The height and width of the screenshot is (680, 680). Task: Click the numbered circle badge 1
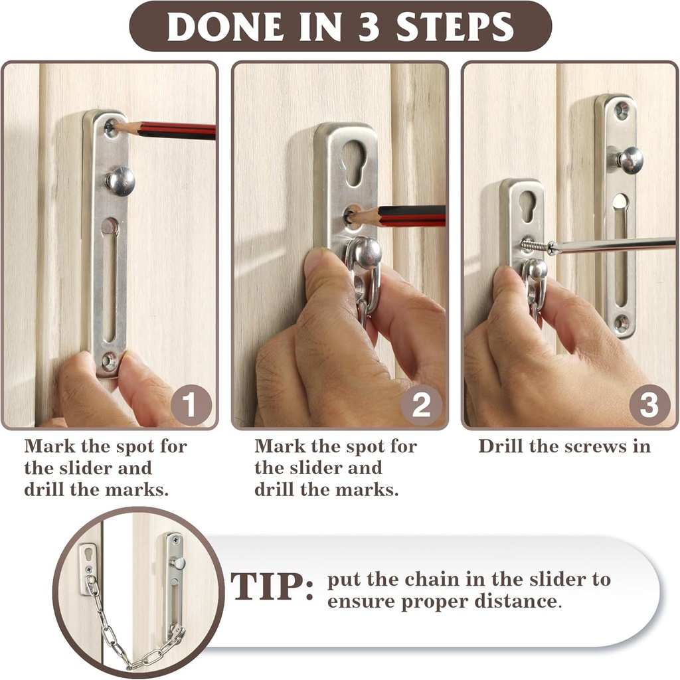click(191, 404)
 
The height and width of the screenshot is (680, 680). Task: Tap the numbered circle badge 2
click(421, 404)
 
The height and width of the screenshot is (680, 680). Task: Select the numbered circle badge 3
click(649, 404)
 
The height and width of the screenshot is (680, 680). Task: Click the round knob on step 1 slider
click(120, 181)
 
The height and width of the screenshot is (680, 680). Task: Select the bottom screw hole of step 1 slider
click(108, 362)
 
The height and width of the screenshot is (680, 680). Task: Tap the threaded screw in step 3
click(534, 246)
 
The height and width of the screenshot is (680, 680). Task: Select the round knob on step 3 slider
click(630, 160)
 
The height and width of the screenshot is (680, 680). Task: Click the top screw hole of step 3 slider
click(622, 110)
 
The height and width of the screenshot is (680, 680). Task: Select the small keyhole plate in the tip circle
click(88, 568)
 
